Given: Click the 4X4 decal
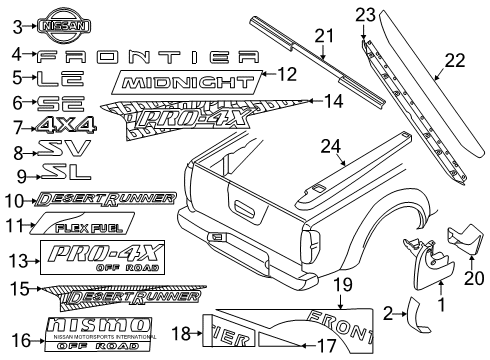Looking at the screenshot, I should point(67,126).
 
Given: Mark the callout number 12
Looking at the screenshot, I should point(287,74).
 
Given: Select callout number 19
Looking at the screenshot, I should point(343,286).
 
